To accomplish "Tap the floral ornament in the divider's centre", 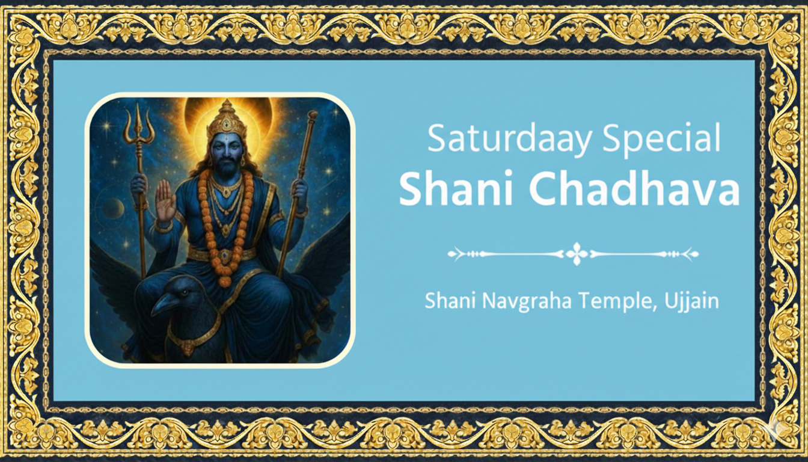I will point(577,254).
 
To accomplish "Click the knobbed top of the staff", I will point(312,115).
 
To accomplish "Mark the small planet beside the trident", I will point(113,208).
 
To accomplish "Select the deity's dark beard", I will point(227,166).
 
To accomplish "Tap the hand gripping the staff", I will point(299,191).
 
